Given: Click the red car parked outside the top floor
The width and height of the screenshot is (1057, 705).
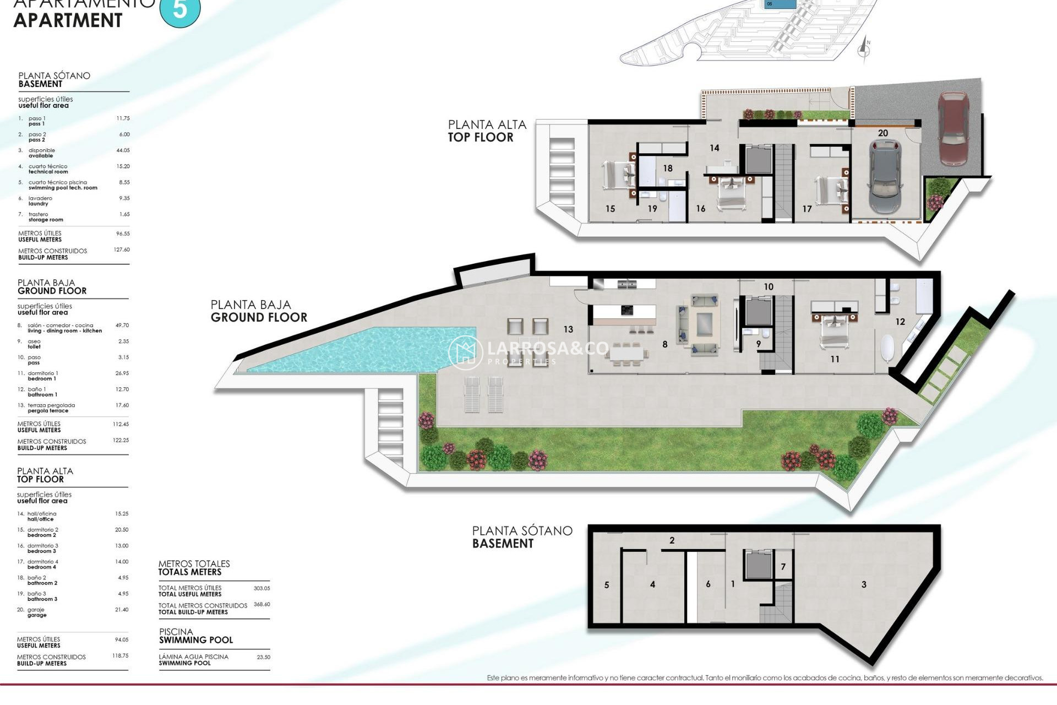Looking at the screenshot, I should point(953,128).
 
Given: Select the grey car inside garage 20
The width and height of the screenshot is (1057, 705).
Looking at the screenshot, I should point(885,176).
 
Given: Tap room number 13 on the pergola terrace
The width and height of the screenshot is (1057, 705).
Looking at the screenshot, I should point(568,329).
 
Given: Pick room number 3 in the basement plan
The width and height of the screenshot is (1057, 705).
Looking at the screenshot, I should point(864,584).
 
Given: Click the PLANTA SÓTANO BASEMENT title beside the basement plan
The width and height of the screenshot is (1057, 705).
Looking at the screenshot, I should point(521,536).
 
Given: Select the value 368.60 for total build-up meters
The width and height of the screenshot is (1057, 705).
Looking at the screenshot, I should point(261,604).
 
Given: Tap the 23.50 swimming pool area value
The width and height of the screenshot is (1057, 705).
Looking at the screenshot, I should point(263,657).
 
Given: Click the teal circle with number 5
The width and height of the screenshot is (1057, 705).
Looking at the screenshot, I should point(180,9).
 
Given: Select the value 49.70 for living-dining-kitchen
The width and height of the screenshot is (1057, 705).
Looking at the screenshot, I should point(122,326).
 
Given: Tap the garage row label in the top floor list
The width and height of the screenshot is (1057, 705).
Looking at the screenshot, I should point(37,612).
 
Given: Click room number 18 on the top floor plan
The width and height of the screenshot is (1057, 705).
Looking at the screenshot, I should point(668,169).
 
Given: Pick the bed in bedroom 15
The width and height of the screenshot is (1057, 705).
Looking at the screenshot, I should point(615,176).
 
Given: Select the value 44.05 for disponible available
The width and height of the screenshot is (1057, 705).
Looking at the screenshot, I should point(123,150).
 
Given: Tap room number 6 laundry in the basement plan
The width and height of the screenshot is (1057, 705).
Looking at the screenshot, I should point(708,584).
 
